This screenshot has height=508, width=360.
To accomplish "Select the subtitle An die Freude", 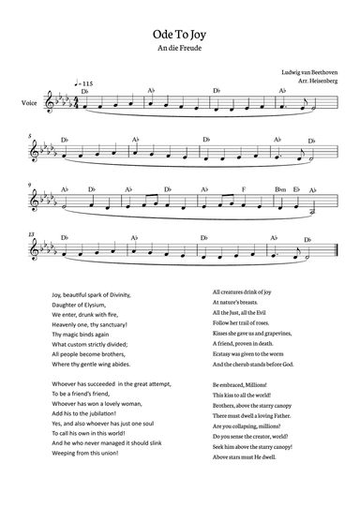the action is [x=179, y=46].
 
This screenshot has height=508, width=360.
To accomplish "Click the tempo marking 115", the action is [x=89, y=85].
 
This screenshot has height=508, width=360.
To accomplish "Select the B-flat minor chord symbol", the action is [x=279, y=189].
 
